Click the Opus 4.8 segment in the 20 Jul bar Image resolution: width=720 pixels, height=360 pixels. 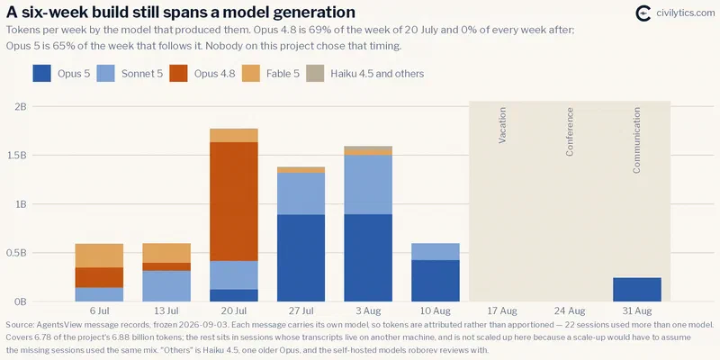coord(234,202)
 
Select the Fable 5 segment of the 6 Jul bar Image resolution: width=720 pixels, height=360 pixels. coord(99,256)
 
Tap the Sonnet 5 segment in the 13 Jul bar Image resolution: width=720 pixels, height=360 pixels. coord(166,286)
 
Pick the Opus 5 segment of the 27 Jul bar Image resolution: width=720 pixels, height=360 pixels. coord(301,258)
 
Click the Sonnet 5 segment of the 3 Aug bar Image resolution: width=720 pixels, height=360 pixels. coord(368,184)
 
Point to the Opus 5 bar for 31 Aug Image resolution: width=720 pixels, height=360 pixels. coord(637,289)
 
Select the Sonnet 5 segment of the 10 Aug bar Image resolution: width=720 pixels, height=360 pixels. coord(436,252)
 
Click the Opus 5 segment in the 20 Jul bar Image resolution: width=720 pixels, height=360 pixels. coord(234,295)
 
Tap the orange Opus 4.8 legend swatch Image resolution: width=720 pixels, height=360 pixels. coord(178,74)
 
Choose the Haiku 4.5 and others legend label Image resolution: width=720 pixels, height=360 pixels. coord(377,74)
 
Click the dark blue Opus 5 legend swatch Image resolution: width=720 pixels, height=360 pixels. coord(41,74)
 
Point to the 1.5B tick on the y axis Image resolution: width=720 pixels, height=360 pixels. coord(18,155)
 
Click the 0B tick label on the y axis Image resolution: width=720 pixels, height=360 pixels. coord(21,301)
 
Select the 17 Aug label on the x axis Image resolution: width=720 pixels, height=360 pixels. coord(502,311)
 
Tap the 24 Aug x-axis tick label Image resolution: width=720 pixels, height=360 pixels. coord(570,311)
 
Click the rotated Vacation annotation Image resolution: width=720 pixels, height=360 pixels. coord(502,125)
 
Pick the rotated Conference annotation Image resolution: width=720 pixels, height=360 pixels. coord(570,131)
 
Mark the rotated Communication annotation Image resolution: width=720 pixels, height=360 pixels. coord(637,140)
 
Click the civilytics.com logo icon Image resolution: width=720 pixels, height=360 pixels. coord(643,13)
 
